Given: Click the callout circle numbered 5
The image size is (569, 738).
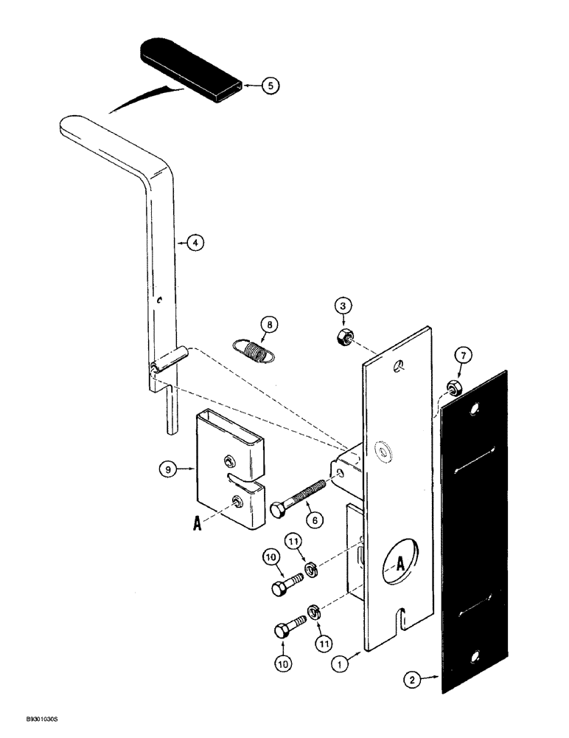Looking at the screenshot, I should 270,86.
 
